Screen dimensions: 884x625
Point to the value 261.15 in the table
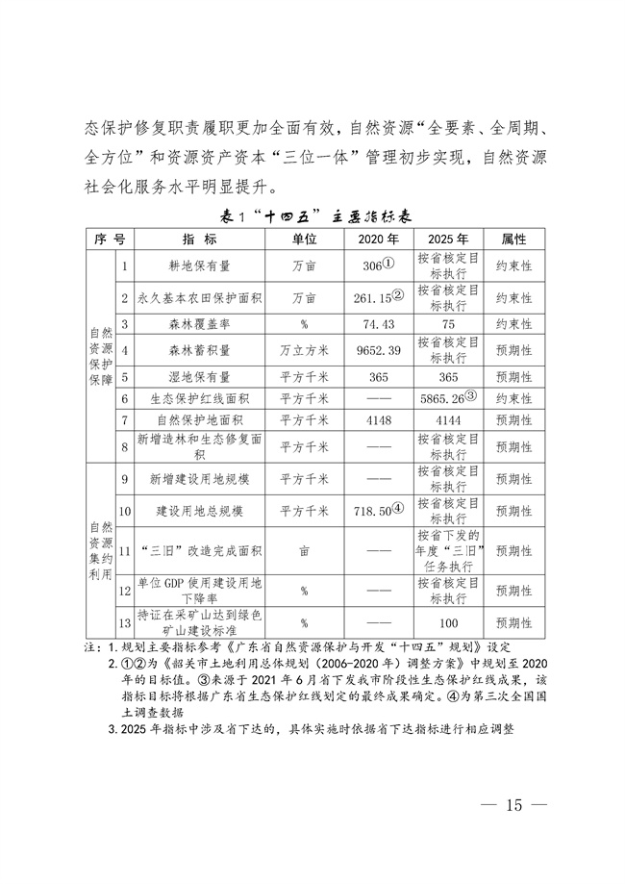(370, 298)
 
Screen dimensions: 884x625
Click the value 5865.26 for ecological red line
(442, 398)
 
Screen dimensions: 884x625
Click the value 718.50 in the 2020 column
(370, 510)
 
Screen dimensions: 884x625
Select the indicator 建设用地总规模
(200, 511)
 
